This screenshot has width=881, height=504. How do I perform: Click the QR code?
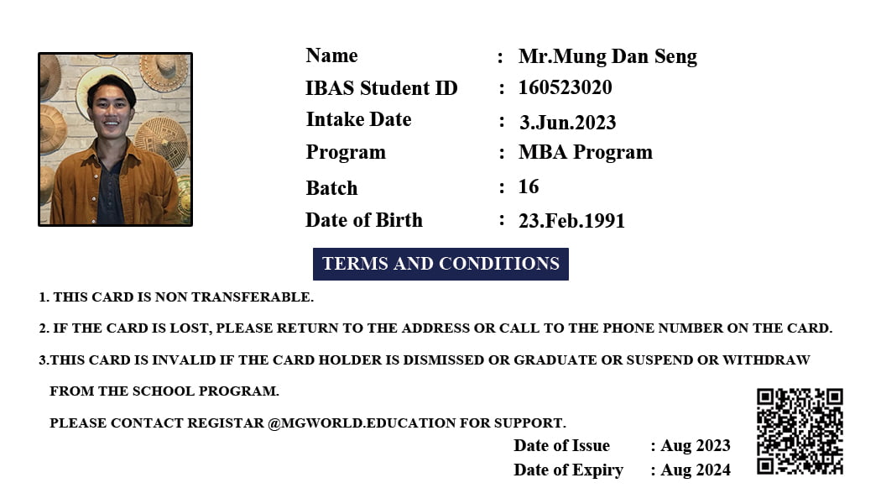coord(800,431)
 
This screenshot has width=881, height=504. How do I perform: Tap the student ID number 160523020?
coord(565,87)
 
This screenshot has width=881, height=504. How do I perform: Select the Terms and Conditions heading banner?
coord(440,264)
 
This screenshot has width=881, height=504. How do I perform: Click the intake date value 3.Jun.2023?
coord(567,123)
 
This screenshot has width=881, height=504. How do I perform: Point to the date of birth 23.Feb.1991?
coord(571,221)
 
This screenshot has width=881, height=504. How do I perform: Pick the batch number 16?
coord(529,186)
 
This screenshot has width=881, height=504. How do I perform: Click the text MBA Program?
coord(585,152)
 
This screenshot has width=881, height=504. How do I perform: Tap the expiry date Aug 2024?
coord(695,470)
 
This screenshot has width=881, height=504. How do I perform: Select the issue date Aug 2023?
coord(695,446)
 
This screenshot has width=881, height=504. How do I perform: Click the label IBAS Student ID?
coord(381,87)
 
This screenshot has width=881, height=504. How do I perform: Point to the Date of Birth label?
coord(363,220)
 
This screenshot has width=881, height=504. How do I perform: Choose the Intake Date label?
coord(358,119)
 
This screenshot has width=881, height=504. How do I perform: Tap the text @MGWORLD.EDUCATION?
coord(362,423)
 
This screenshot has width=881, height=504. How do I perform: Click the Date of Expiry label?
coord(568,470)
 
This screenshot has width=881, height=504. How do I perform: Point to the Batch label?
coord(331,188)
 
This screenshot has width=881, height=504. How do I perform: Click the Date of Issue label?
coord(561,446)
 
